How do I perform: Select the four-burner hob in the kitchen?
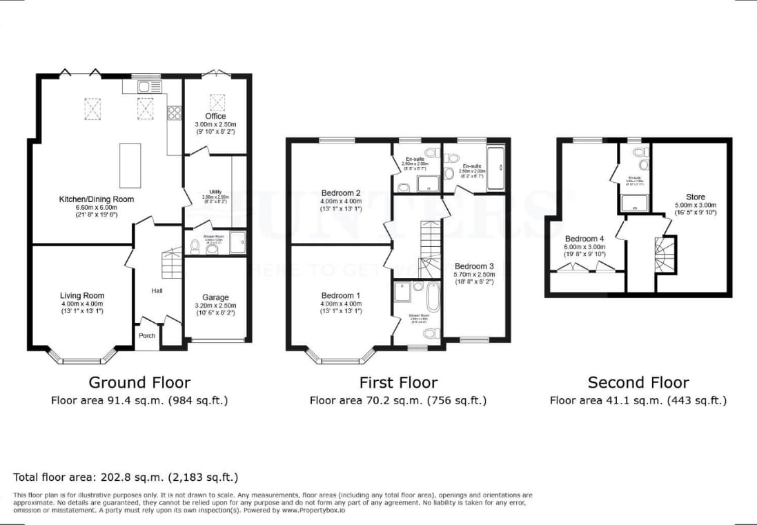tap(174, 112)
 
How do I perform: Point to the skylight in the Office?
tap(217, 102)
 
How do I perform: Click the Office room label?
tap(215, 116)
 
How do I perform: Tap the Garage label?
tap(215, 298)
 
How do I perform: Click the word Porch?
tap(147, 336)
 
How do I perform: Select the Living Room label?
tap(81, 296)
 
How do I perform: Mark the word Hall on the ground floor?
tap(157, 291)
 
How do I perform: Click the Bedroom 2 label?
tap(341, 193)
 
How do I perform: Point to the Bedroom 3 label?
tap(474, 266)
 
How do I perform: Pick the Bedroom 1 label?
tap(340, 295)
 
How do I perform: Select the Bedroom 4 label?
tap(583, 239)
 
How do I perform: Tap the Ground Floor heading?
tap(139, 382)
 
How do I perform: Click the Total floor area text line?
tap(126, 477)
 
